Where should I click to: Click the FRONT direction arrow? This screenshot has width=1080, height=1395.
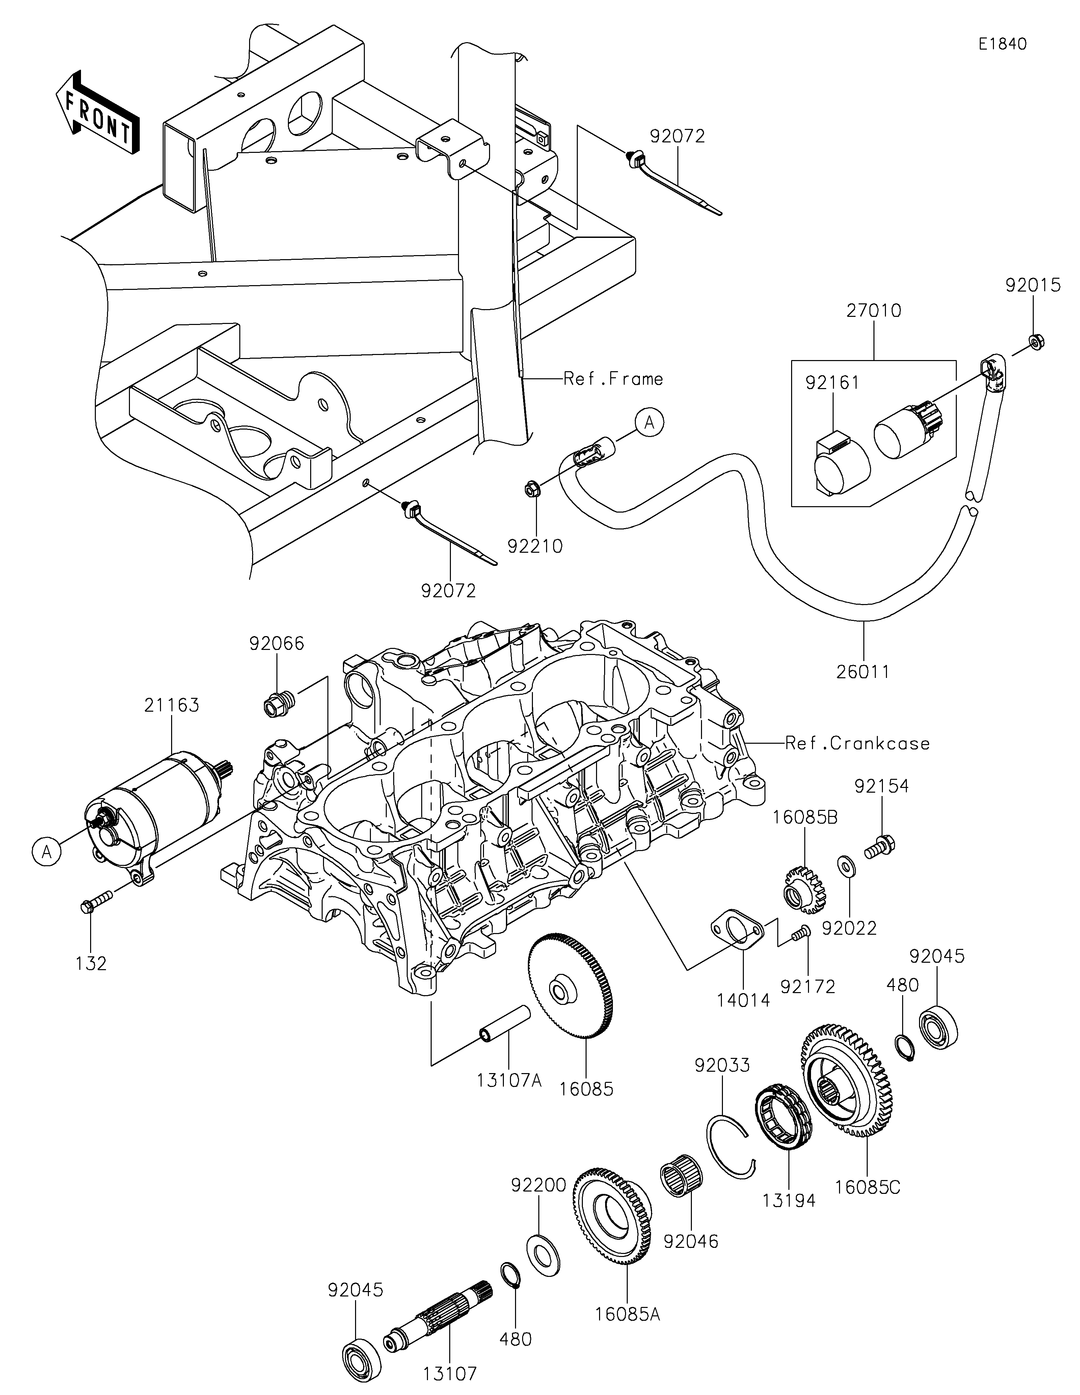pos(97,112)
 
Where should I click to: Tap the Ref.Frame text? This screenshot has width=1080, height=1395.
pos(613,379)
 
